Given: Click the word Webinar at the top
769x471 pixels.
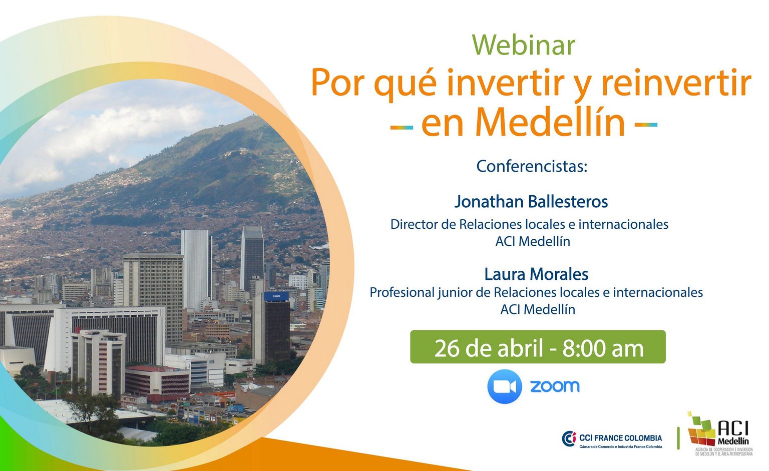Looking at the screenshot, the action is pos(523,45).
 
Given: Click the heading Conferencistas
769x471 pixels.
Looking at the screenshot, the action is pos(532,167).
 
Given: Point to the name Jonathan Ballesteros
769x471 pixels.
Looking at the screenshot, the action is pos(531,202).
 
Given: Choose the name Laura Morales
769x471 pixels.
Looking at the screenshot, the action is pos(536,274).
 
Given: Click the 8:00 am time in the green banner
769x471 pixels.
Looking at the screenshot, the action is pos(603,348).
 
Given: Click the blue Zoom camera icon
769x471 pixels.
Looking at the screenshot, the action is pos(505,386).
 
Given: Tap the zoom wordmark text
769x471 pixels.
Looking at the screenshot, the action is pos(555,386).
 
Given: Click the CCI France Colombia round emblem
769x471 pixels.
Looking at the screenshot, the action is pos(569,439).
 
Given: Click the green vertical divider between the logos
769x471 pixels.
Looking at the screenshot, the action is pos(678,437).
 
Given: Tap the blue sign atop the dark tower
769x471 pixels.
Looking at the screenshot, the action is pos(276,296).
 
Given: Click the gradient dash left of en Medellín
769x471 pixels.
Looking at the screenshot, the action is pos(402,127).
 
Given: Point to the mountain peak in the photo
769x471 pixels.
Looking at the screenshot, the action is pos(253,116).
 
